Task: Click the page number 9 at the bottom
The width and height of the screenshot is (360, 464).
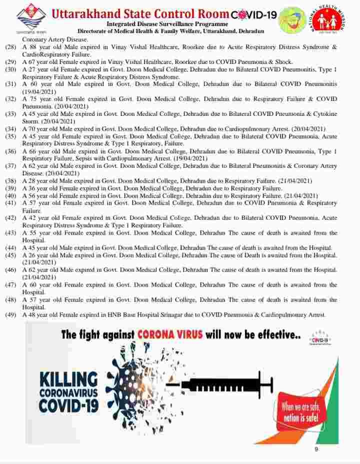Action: pyautogui.click(x=316, y=449)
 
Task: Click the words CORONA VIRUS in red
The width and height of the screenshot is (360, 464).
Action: pyautogui.click(x=170, y=334)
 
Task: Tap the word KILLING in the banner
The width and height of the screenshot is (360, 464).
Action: pyautogui.click(x=68, y=378)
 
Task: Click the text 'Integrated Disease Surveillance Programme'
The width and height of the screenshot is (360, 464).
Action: pyautogui.click(x=167, y=24)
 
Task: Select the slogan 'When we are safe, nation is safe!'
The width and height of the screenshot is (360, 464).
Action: pyautogui.click(x=300, y=413)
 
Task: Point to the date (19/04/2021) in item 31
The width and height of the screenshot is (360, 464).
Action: pyautogui.click(x=38, y=92)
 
